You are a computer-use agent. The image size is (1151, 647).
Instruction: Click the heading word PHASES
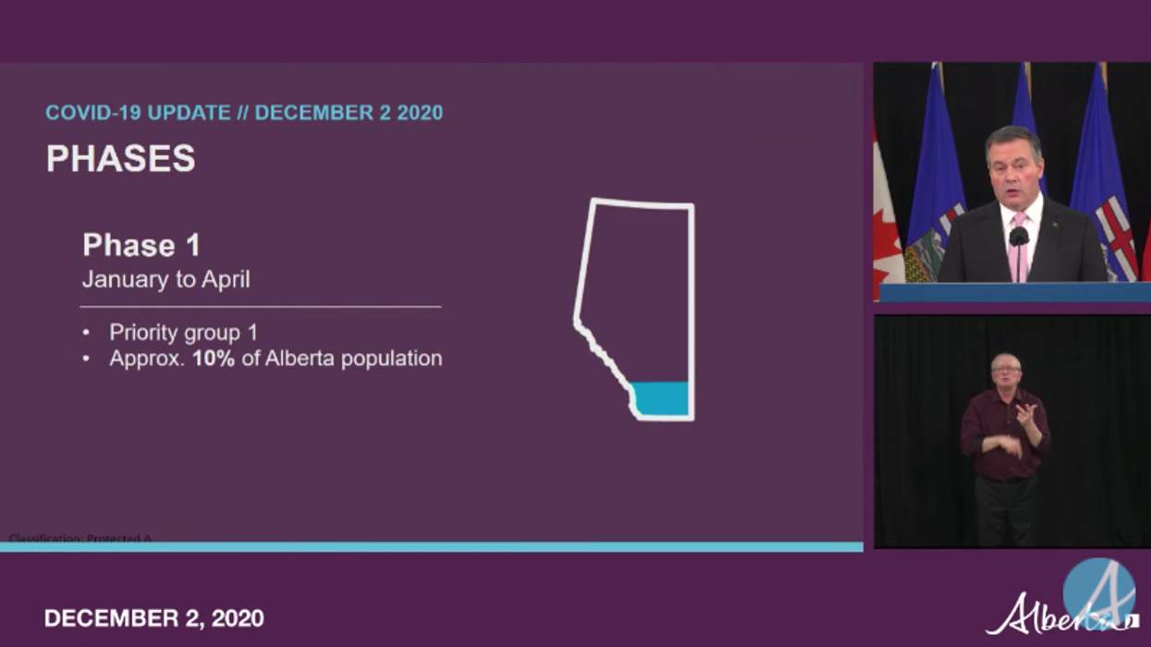pyautogui.click(x=120, y=159)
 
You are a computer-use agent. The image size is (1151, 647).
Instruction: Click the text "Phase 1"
pyautogui.click(x=141, y=245)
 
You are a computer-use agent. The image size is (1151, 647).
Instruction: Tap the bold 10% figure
pyautogui.click(x=214, y=359)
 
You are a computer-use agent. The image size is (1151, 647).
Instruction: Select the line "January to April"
pyautogui.click(x=165, y=279)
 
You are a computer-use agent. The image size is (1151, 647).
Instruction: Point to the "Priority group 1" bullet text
pyautogui.click(x=183, y=332)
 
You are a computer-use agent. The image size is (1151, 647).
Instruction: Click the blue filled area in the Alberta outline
pyautogui.click(x=662, y=398)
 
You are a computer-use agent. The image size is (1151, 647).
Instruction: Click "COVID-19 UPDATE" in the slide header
pyautogui.click(x=138, y=113)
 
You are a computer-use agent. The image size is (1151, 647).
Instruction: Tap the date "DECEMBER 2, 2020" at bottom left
pyautogui.click(x=153, y=617)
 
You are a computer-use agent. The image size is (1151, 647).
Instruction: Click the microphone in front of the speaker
pyautogui.click(x=1019, y=238)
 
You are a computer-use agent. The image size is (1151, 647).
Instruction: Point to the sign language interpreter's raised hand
pyautogui.click(x=1026, y=412)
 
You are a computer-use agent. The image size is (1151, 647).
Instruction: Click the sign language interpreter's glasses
pyautogui.click(x=1006, y=370)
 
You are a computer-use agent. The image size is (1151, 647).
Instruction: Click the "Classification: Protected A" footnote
pyautogui.click(x=80, y=538)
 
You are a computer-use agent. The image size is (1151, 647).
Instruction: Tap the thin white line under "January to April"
pyautogui.click(x=261, y=306)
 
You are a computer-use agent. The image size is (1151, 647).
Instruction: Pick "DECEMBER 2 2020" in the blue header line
pyautogui.click(x=349, y=113)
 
